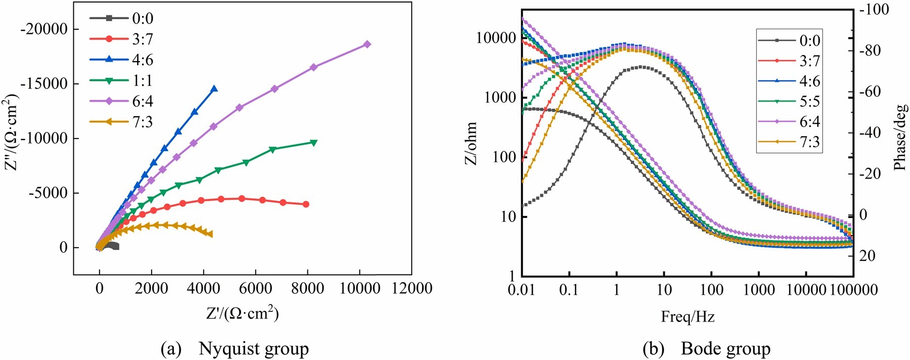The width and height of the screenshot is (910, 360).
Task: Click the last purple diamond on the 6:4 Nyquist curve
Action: tap(368, 44)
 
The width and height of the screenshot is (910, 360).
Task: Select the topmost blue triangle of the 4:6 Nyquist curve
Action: tap(214, 88)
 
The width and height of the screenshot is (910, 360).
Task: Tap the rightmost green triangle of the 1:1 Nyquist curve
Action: tap(313, 143)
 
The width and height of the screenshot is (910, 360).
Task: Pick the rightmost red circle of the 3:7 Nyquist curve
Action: tap(306, 204)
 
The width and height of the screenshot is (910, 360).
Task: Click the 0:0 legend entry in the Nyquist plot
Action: tap(121, 18)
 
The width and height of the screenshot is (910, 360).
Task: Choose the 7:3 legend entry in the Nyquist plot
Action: tap(121, 122)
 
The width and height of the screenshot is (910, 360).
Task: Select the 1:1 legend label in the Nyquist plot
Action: tap(143, 80)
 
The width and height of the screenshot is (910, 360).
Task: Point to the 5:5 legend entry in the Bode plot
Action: tap(789, 101)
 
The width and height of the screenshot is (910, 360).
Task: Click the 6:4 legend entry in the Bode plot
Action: tap(789, 121)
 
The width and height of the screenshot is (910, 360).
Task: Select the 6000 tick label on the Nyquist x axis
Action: tap(255, 288)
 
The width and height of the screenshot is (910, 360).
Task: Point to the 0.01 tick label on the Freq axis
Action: tap(521, 290)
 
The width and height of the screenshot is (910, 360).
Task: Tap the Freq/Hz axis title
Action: tap(688, 317)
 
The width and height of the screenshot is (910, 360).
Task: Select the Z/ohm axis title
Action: tap(471, 144)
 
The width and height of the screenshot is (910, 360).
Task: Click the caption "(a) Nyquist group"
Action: tap(235, 349)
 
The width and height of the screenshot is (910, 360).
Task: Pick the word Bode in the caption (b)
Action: tap(701, 348)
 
